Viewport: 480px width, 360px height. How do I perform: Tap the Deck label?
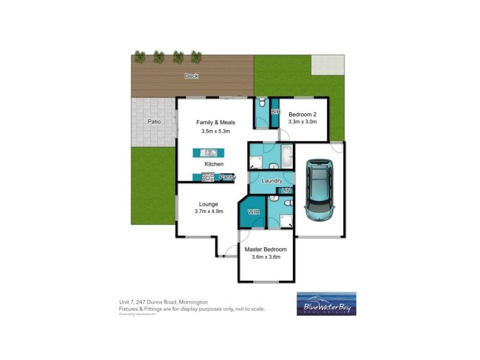[191, 76]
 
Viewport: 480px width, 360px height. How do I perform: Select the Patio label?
[154, 122]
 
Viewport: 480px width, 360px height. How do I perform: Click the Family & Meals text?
[213, 122]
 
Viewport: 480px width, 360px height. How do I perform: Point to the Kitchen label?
[214, 164]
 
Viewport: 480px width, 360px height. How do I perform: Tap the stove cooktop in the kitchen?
[208, 177]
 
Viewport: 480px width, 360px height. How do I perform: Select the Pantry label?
[227, 177]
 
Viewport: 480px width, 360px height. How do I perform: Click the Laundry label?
[272, 180]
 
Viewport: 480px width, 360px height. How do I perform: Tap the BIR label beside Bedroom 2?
[276, 112]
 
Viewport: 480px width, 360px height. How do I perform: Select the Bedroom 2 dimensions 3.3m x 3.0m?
[302, 122]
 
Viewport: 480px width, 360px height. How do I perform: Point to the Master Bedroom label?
[265, 249]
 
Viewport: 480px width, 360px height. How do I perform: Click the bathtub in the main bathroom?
[287, 158]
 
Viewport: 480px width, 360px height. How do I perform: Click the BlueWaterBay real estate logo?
[326, 304]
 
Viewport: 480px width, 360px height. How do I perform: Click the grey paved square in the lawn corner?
[328, 65]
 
